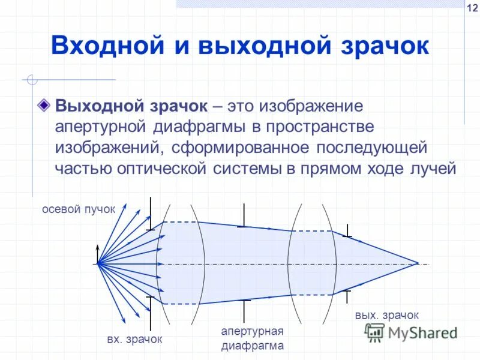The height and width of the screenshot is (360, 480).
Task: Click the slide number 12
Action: (472, 8)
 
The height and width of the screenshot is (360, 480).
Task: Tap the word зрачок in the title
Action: (382, 46)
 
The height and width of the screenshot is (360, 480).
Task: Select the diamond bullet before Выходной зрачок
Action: (43, 106)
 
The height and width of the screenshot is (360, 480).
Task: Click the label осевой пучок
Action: (78, 209)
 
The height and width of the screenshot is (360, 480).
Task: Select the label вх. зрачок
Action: (134, 339)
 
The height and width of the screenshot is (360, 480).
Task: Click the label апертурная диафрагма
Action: (251, 338)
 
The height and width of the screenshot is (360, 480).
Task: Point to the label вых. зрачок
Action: (386, 315)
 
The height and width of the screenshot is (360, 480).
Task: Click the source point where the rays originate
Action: (98, 263)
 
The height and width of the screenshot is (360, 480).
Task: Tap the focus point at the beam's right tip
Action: (418, 263)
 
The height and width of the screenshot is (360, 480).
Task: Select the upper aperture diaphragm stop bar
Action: (244, 215)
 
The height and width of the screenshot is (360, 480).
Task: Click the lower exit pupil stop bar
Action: (347, 298)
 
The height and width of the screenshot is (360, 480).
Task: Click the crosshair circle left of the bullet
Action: (32, 79)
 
